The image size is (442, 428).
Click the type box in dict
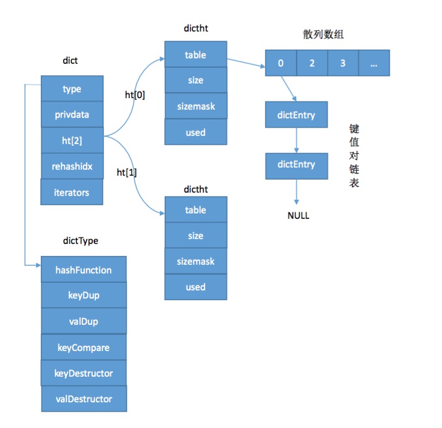pos(72,89)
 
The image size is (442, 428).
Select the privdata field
pos(72,115)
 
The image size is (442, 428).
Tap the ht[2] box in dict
pos(72,140)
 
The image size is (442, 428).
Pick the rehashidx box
pos(72,166)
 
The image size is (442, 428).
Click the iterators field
pos(72,192)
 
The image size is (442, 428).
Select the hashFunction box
pos(83,270)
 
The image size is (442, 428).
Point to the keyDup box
pos(83,295)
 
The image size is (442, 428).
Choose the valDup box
pos(83,321)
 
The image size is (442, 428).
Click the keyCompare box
pos(83,347)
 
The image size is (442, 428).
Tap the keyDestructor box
pos(83,373)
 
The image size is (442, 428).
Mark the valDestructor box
pos(83,399)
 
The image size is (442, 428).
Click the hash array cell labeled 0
pos(280,63)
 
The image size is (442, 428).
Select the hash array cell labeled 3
pos(343,63)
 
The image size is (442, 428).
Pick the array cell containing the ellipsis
pos(374,63)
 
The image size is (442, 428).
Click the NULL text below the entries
pos(298,216)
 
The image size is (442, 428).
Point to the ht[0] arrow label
pos(135,94)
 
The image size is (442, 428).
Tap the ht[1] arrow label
pos(127,173)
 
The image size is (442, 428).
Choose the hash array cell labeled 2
pos(312,63)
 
